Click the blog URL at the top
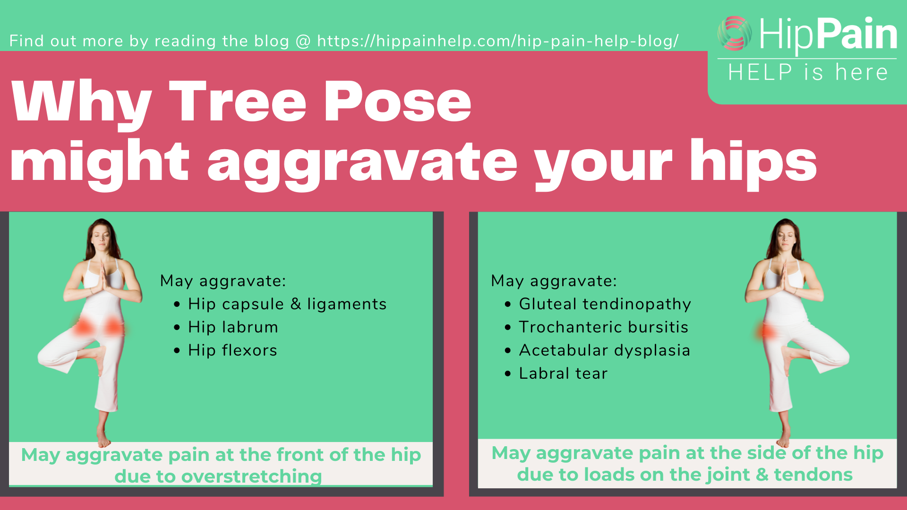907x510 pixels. click(x=498, y=41)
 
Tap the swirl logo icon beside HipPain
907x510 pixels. click(x=735, y=34)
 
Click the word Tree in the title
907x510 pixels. click(x=238, y=102)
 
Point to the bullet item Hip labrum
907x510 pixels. click(x=233, y=327)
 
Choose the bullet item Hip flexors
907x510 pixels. click(x=232, y=350)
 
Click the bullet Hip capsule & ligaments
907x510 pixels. click(x=287, y=304)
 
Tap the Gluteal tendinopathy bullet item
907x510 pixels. click(x=605, y=304)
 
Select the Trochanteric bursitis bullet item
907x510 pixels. click(x=603, y=327)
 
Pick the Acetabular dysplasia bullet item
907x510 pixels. click(x=604, y=350)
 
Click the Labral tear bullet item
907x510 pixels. click(x=563, y=373)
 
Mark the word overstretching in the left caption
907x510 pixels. click(x=251, y=476)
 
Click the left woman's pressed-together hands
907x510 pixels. click(x=103, y=279)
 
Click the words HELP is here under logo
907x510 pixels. click(x=808, y=72)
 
